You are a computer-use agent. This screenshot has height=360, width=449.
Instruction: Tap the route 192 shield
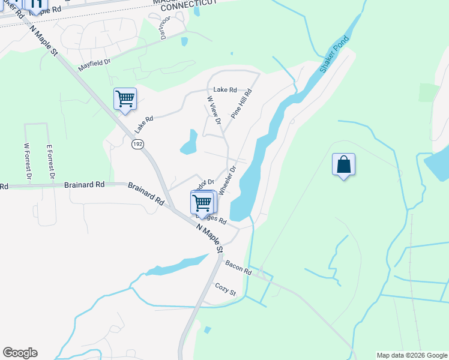click(137, 144)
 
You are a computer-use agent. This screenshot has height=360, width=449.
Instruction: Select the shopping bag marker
click(343, 164)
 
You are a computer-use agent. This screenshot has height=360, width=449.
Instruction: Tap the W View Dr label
click(214, 110)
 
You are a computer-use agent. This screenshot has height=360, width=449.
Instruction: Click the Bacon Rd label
click(238, 268)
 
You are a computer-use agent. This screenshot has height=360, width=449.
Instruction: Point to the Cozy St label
click(226, 289)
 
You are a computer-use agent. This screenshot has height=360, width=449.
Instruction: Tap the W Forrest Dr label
click(27, 161)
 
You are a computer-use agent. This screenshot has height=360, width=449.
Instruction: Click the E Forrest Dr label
click(50, 161)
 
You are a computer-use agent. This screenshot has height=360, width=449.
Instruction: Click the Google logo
click(20, 353)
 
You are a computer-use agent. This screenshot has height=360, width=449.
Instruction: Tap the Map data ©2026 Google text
click(412, 355)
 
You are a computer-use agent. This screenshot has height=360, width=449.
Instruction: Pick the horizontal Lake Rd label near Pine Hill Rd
click(225, 90)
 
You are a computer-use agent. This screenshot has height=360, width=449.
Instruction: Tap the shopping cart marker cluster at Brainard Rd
click(203, 202)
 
